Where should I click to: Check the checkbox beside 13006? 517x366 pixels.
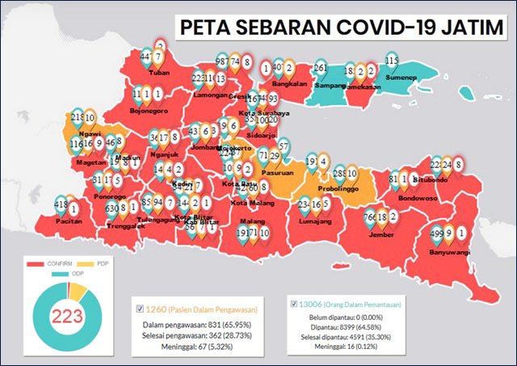[292, 304]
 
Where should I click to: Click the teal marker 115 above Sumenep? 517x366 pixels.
[393, 61]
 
